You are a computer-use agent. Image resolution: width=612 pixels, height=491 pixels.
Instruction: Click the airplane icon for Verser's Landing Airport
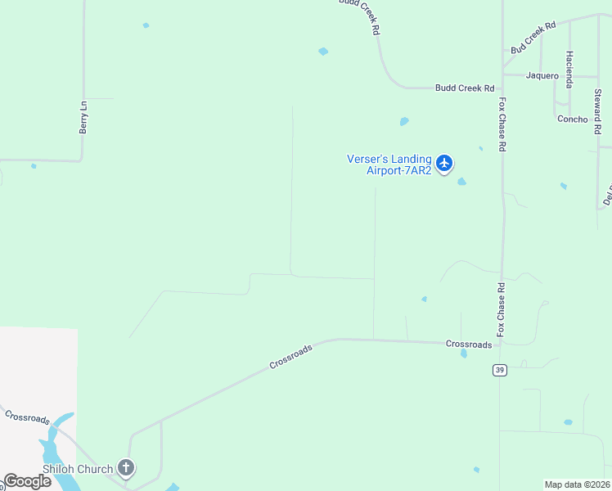pos(444,164)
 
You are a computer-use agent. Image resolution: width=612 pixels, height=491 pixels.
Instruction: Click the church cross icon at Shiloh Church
pos(125,468)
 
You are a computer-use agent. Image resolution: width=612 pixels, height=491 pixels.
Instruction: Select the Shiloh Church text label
pos(78,469)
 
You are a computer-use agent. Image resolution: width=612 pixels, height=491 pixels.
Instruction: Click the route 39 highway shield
pos(498,371)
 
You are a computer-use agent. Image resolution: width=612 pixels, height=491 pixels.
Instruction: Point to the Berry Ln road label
pos(83,118)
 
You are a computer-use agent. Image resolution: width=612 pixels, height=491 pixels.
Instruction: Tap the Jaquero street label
pos(542,76)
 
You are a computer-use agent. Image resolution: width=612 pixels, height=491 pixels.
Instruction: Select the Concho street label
pos(572,119)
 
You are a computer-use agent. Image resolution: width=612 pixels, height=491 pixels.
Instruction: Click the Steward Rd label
pos(598,113)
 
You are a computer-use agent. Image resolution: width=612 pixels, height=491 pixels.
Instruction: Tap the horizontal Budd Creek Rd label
pos(465,88)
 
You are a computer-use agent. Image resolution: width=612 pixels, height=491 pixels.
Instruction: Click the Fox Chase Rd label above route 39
pos(502,312)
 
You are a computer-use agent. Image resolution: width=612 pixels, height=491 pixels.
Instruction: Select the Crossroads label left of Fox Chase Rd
pos(469,345)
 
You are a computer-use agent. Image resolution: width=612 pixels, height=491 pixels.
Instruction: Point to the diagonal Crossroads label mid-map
pos(290,357)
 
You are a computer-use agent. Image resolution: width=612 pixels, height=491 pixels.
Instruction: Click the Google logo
pos(27,481)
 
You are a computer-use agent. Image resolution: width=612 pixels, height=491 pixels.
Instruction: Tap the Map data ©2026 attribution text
pos(578,484)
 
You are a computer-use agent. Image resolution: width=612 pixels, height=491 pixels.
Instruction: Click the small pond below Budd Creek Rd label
pos(404,122)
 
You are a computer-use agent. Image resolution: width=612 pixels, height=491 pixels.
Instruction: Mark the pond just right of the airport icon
pos(462,182)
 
